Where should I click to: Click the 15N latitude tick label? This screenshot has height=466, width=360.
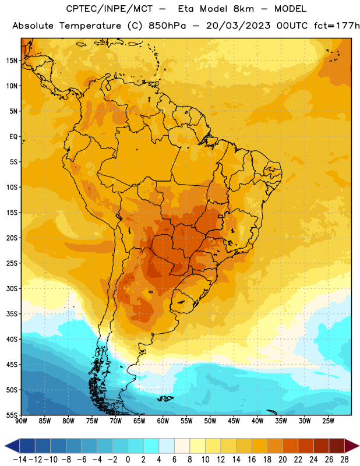point(12,61)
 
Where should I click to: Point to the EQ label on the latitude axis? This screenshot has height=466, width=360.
point(13,137)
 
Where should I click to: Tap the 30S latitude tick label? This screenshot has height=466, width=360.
point(12,288)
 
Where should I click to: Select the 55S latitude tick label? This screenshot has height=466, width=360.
point(12,415)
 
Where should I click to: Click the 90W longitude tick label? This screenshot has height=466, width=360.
point(21,421)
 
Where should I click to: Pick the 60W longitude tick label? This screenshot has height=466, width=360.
point(163,421)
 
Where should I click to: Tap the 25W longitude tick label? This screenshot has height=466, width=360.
point(328,421)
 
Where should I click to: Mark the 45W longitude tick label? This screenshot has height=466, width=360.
point(234,421)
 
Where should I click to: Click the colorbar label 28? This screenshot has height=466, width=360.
point(344,460)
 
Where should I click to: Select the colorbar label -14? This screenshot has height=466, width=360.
point(20,460)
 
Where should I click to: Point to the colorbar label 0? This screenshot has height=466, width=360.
point(128,460)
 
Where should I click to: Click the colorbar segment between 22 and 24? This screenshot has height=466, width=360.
point(306,446)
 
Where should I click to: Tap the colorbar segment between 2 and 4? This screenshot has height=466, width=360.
point(151,446)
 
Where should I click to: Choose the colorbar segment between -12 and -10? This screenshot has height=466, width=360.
point(43,446)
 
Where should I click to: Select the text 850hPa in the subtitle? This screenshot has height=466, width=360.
point(167,26)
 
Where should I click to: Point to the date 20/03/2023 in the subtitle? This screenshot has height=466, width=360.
point(238,26)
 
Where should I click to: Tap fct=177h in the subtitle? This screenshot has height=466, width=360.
point(337,26)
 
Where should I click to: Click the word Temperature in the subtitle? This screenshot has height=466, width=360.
point(90,26)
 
